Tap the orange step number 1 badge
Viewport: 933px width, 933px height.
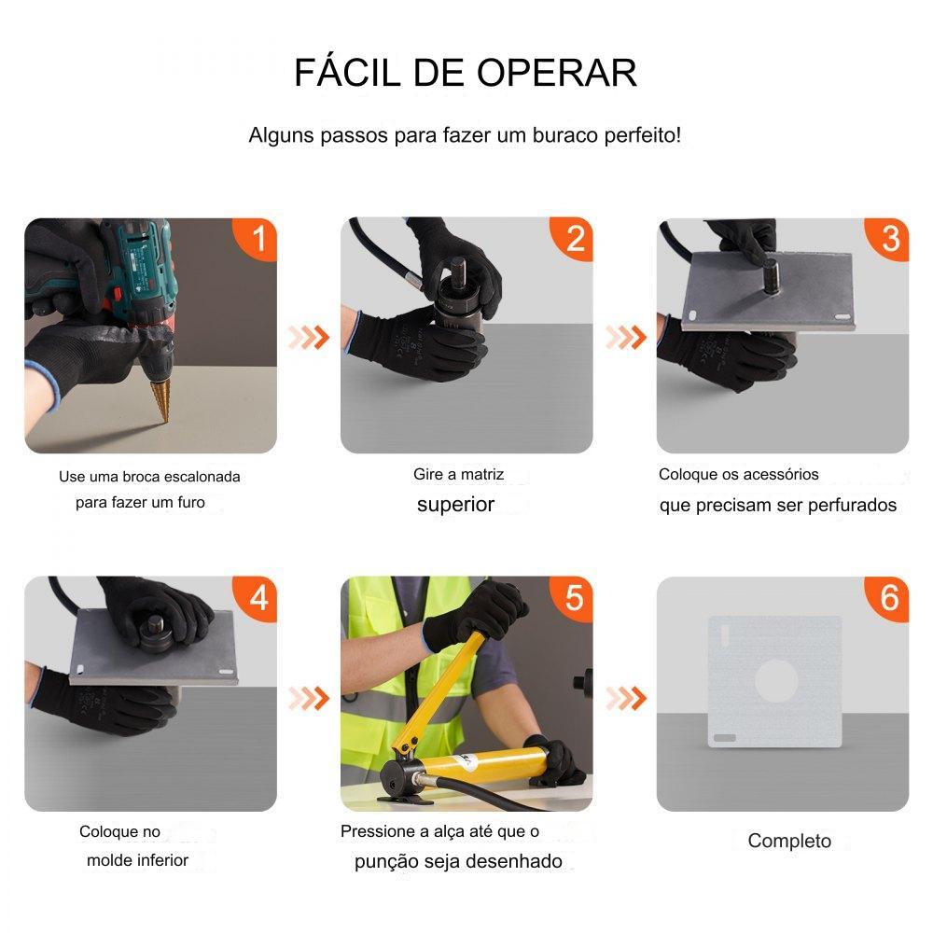pyautogui.click(x=256, y=239)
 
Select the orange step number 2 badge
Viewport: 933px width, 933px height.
pyautogui.click(x=573, y=239)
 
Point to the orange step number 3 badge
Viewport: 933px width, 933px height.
pyautogui.click(x=888, y=239)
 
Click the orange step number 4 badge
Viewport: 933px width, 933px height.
pyautogui.click(x=256, y=598)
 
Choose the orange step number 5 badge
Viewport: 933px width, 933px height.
pyautogui.click(x=573, y=598)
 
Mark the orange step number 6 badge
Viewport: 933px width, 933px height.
pyautogui.click(x=888, y=598)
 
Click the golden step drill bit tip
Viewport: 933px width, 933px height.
pyautogui.click(x=164, y=421)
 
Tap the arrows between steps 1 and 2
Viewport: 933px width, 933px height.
pyautogui.click(x=309, y=338)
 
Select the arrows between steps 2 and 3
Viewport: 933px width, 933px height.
pyautogui.click(x=626, y=338)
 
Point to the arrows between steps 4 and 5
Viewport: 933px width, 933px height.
pyautogui.click(x=309, y=698)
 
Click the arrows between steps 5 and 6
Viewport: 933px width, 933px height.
pyautogui.click(x=626, y=698)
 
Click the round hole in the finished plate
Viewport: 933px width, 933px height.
pyautogui.click(x=776, y=681)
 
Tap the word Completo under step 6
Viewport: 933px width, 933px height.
pyautogui.click(x=789, y=841)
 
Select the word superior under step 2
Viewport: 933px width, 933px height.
pyautogui.click(x=456, y=505)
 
